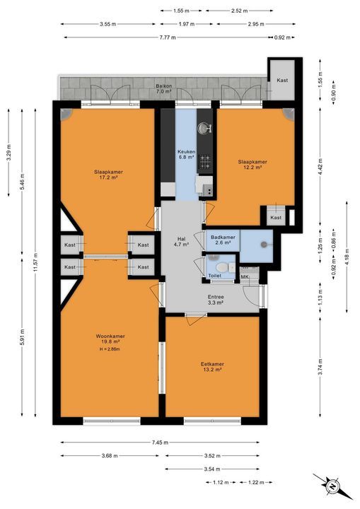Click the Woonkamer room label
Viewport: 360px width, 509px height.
click(x=109, y=337)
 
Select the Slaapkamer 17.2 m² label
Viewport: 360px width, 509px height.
click(x=108, y=174)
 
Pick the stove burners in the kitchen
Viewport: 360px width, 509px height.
click(x=205, y=160)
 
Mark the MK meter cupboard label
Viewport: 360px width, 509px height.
click(x=245, y=276)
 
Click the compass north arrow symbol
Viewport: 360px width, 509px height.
click(x=332, y=487)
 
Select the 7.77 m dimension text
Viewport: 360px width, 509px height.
click(x=167, y=37)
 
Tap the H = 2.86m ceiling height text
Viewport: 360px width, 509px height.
click(x=109, y=349)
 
